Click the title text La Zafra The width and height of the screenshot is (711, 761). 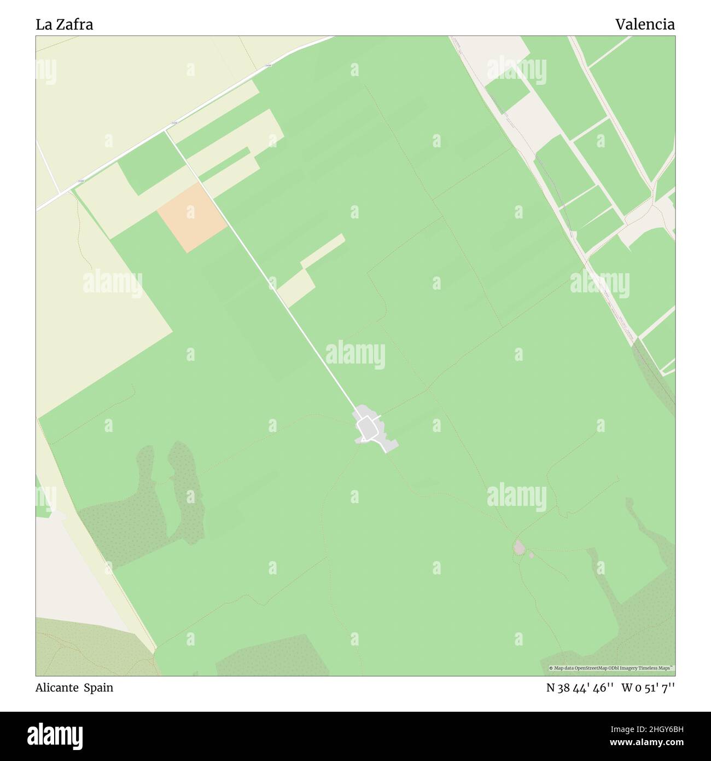pyautogui.click(x=64, y=25)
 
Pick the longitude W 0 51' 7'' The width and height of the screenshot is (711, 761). pyautogui.click(x=648, y=688)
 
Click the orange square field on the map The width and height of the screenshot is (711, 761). pyautogui.click(x=191, y=218)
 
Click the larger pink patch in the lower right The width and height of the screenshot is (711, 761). pyautogui.click(x=518, y=546)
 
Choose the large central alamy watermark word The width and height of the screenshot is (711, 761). pyautogui.click(x=355, y=355)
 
